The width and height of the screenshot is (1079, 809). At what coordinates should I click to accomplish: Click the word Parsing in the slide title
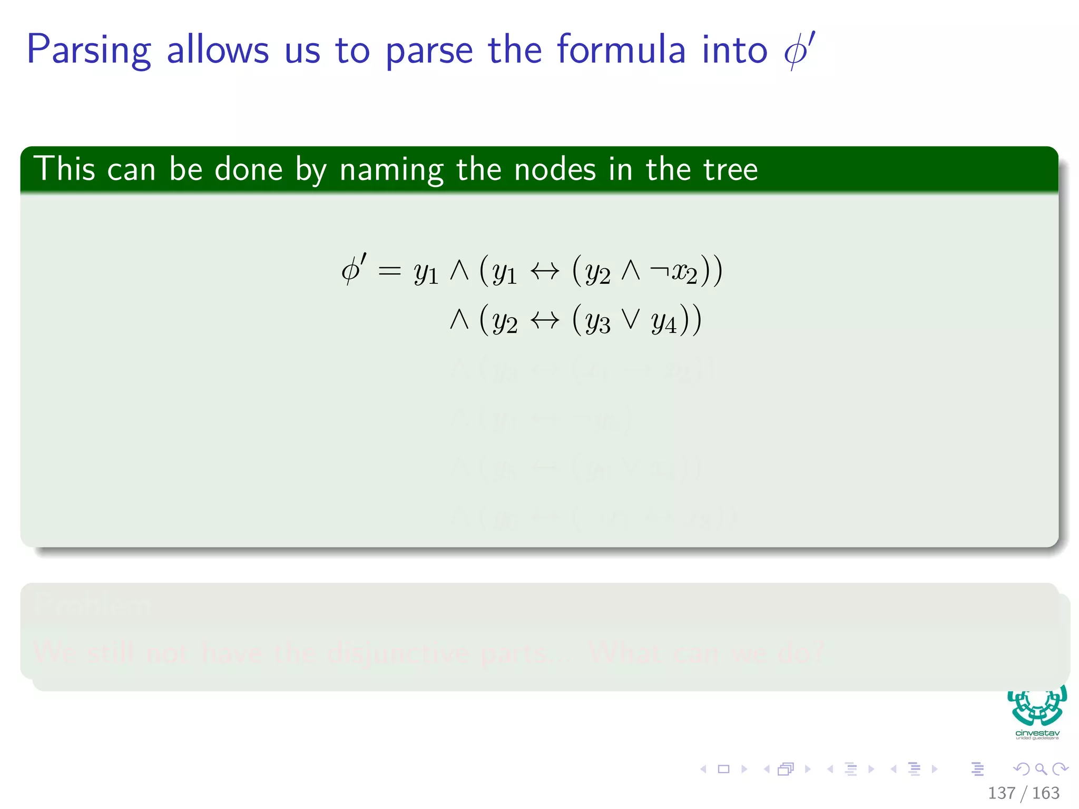(89, 51)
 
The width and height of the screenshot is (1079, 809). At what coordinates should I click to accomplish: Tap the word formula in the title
(621, 50)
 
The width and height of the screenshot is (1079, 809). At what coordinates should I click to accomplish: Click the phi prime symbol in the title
(799, 50)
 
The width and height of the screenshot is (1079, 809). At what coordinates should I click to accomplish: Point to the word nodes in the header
(555, 170)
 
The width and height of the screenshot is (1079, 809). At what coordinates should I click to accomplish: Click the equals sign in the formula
(390, 271)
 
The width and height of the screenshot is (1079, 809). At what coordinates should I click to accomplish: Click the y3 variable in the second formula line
(597, 321)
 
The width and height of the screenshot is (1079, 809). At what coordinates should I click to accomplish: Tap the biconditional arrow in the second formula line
(545, 319)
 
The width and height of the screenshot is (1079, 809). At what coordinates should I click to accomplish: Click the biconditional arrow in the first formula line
(545, 271)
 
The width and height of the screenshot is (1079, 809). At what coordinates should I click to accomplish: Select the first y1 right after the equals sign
(426, 273)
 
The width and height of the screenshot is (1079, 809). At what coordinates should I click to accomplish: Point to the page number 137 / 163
(1023, 793)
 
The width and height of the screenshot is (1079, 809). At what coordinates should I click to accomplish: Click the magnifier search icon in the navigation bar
(1041, 769)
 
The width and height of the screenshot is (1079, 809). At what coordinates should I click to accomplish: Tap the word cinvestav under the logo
(1037, 733)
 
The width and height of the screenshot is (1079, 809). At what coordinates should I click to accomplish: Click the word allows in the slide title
(218, 50)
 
